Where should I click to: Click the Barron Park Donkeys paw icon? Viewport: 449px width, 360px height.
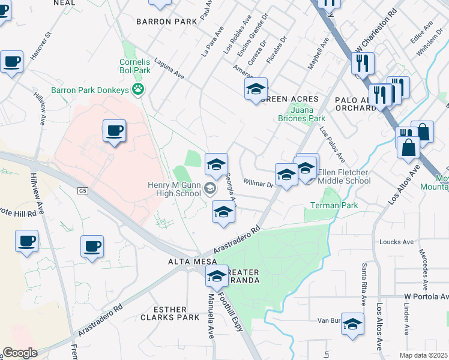pos(139,90)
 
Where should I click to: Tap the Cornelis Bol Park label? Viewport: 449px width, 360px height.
pos(134,66)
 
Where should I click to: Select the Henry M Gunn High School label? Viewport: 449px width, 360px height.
pos(174,189)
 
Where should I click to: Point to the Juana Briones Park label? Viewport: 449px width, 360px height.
pos(307,115)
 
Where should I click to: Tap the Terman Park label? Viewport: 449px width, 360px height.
pos(334,206)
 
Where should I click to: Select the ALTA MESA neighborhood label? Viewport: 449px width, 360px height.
pos(188,262)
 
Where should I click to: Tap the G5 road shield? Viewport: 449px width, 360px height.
pos(82,191)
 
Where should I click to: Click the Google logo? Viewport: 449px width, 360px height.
pos(20,353)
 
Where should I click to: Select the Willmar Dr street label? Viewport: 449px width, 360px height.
pos(259,181)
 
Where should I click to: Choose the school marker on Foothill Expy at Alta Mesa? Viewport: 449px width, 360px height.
pos(216,276)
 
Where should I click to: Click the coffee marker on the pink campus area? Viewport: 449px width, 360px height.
pos(114,131)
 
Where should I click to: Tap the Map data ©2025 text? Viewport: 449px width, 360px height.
pos(424,355)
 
